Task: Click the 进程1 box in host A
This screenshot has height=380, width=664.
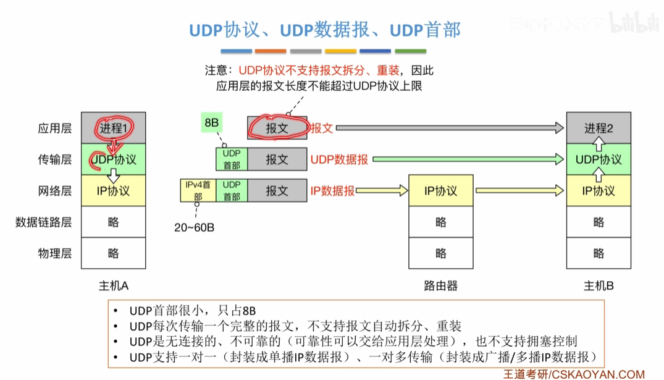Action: [114, 128]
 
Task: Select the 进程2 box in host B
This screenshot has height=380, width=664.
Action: [599, 128]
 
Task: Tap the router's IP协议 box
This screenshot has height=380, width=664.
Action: [440, 191]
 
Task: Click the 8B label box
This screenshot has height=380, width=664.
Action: [211, 122]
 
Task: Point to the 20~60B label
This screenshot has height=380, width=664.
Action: [194, 227]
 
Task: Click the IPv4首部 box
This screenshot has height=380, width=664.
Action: [198, 190]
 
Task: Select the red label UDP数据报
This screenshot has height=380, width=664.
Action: [339, 159]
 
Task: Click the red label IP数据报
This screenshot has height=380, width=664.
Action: [332, 191]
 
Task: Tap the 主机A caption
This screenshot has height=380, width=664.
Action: [114, 286]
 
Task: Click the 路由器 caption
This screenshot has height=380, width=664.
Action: [440, 286]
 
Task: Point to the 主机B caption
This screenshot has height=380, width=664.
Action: [599, 286]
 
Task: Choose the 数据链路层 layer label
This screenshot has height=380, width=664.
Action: [44, 222]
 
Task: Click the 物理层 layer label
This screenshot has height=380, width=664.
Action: [54, 253]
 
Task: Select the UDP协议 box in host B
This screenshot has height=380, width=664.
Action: [599, 159]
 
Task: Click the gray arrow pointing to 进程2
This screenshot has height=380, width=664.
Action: [450, 128]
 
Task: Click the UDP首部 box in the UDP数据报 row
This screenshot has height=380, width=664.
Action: [232, 159]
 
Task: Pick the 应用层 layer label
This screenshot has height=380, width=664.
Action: [54, 128]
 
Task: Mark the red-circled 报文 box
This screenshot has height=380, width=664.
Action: [277, 128]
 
